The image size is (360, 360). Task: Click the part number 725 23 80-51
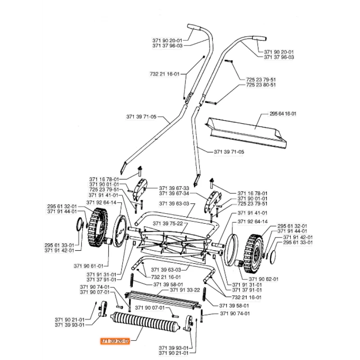(261, 85)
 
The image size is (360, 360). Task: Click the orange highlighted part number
(114, 341)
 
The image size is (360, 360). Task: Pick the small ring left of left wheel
(80, 223)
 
